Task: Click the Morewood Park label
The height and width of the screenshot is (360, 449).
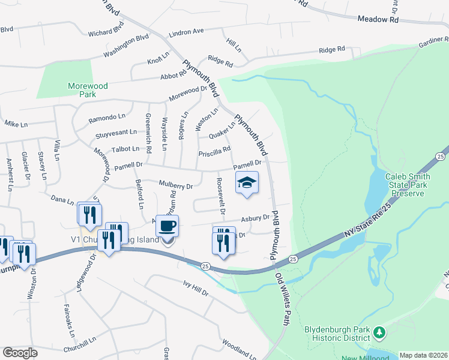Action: pyautogui.click(x=88, y=91)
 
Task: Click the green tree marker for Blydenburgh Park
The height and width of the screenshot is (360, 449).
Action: pyautogui.click(x=379, y=331)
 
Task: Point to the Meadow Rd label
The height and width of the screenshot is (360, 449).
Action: pyautogui.click(x=378, y=19)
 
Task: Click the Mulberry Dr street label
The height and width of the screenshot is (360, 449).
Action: pyautogui.click(x=176, y=185)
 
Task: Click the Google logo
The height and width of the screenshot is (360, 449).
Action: pyautogui.click(x=20, y=353)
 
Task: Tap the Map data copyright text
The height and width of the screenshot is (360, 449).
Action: pyautogui.click(x=423, y=355)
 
